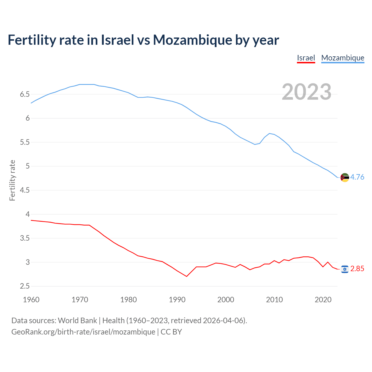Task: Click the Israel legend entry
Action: [306, 58]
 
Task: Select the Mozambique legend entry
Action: [343, 58]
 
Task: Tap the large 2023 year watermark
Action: [307, 92]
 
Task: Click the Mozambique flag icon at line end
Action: [345, 177]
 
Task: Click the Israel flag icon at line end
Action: [345, 269]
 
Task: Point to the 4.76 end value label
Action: [357, 177]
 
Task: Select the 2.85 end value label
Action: [357, 269]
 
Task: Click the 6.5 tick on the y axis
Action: [25, 94]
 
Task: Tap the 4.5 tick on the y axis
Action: [25, 190]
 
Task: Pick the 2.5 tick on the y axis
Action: [25, 286]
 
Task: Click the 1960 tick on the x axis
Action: [31, 300]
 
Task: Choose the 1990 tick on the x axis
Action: [177, 300]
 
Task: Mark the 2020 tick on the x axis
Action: [323, 300]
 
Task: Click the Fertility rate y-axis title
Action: [12, 180]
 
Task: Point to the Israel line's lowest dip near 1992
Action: [187, 276]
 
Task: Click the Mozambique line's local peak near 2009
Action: [269, 133]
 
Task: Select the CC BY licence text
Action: [171, 332]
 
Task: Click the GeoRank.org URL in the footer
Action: [83, 332]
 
